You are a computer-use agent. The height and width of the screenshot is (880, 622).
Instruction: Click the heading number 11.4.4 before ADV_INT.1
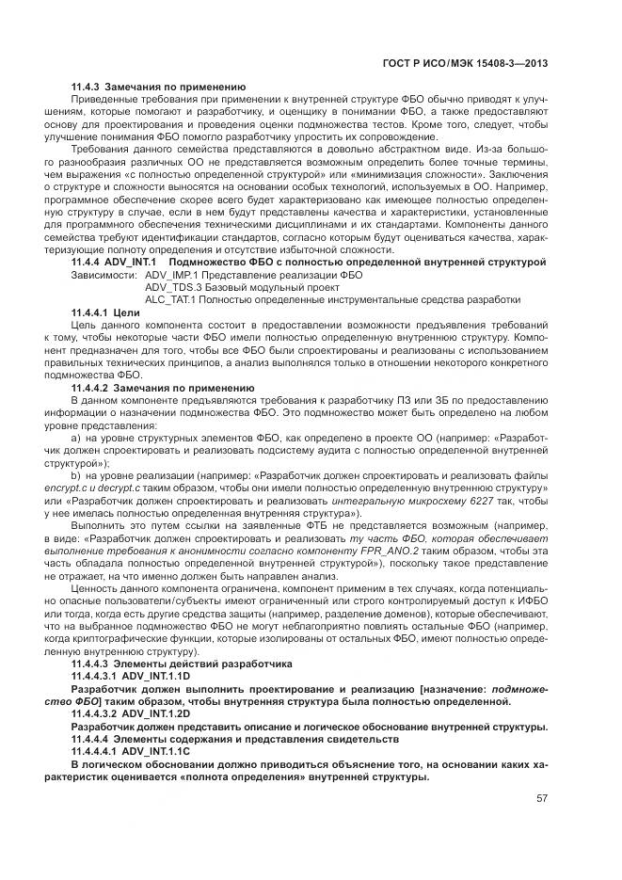point(90,262)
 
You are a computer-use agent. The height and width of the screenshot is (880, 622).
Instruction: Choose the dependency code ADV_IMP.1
point(169,274)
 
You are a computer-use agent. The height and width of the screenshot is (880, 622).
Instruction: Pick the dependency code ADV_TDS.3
point(170,286)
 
